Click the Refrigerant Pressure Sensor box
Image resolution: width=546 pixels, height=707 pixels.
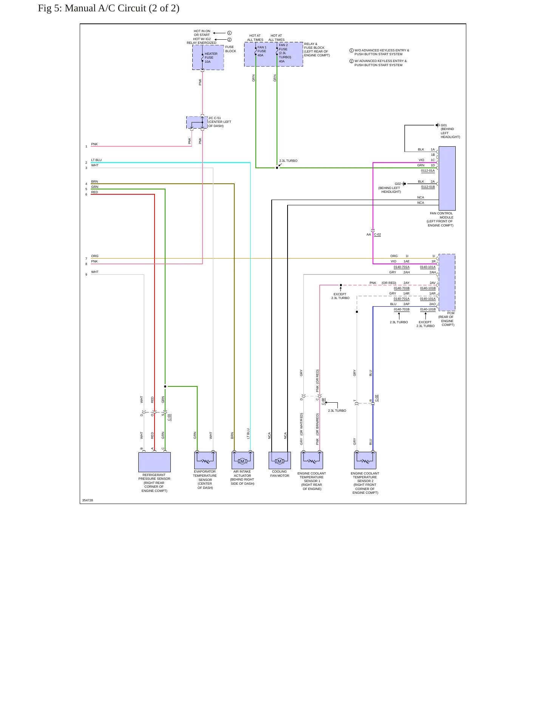[154, 462]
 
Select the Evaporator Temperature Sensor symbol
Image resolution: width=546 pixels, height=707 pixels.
[205, 460]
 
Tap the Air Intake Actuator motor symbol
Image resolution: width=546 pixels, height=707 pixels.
[243, 460]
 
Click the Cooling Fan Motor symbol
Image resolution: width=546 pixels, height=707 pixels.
[280, 460]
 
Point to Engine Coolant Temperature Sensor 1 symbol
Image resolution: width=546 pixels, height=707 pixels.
[312, 460]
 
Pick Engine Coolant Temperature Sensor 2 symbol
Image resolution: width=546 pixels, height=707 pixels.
[365, 460]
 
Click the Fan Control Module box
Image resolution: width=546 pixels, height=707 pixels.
[447, 178]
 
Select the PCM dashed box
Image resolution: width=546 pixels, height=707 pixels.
[447, 282]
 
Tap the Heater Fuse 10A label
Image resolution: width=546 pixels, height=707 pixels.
[211, 57]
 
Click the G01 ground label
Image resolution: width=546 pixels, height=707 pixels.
[444, 125]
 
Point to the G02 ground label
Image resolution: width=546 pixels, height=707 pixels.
[398, 184]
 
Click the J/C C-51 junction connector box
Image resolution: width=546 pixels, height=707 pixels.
[197, 122]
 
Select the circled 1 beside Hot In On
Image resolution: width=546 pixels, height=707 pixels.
[229, 33]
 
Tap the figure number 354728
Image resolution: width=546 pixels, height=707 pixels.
[88, 500]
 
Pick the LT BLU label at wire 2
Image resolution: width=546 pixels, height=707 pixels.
[96, 160]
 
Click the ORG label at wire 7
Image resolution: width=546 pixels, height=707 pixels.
[94, 256]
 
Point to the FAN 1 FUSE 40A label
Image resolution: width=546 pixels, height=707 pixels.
[261, 51]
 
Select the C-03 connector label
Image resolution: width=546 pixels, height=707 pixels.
[169, 417]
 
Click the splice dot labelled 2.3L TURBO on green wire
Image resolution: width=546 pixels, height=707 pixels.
[277, 168]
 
